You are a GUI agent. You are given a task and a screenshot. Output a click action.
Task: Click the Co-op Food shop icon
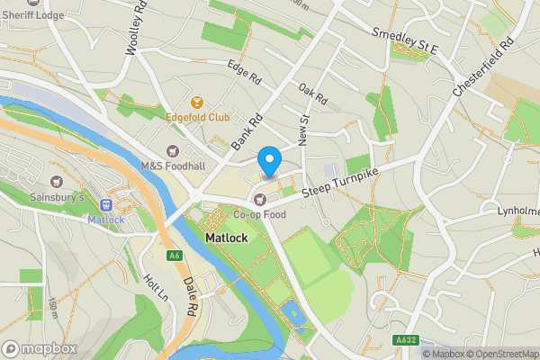pos(260,199)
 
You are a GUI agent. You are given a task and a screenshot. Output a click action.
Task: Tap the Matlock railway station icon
pos(105,205)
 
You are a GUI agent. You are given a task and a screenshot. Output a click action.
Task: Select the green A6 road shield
pos(174,256)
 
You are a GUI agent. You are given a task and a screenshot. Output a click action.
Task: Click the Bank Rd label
pos(245,131)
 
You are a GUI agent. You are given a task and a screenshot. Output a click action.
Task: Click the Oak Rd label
pos(312,93)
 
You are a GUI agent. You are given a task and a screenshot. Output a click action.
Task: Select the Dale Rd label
pos(191,295)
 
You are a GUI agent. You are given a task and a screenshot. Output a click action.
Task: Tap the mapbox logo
pos(40,348)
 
